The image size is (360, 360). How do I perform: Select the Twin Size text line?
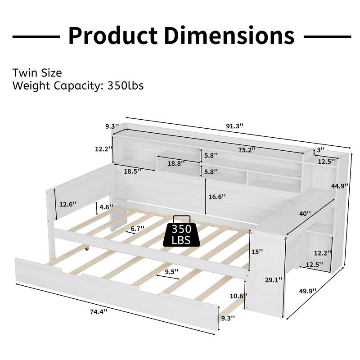[37, 73]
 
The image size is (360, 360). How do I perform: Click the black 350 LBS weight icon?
[183, 231]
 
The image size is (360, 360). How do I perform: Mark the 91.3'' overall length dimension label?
[234, 126]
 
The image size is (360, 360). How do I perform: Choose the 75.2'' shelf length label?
[247, 149]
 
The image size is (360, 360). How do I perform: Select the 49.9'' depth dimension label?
[307, 291]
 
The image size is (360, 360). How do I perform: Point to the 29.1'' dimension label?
[270, 280]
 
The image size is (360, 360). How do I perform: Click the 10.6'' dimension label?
[237, 296]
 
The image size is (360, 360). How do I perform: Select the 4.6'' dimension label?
[106, 207]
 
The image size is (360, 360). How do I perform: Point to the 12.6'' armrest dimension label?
[68, 203]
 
